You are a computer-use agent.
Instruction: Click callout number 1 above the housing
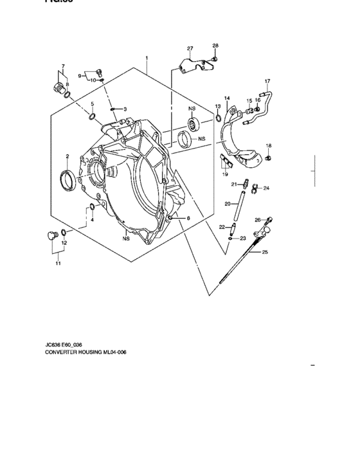pos(147,58)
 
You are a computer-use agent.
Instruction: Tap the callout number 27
pos(190,49)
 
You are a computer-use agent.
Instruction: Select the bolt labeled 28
pos(215,58)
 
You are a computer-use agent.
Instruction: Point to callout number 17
pos(267,80)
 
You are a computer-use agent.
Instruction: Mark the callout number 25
pos(264,253)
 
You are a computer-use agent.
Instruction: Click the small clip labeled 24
pos(254,188)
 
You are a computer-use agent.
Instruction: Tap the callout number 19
pos(225,174)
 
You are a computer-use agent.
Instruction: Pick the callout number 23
pos(244,239)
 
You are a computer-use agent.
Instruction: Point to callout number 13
pos(217,106)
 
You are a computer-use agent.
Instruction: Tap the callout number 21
pos(234,184)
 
